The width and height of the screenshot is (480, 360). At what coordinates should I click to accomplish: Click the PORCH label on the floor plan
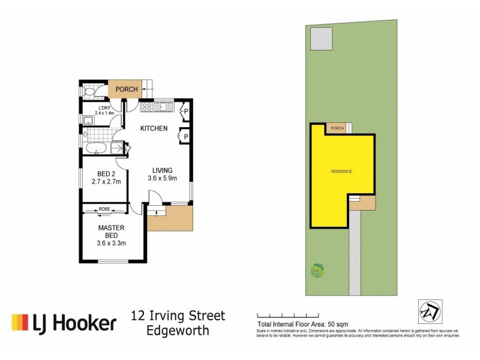127,89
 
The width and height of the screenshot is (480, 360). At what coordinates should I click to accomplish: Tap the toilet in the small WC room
89,92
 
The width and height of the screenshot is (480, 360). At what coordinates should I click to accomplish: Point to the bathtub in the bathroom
96,148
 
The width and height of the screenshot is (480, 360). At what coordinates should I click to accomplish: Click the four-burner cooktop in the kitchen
146,107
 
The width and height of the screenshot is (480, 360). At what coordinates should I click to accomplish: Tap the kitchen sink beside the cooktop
163,107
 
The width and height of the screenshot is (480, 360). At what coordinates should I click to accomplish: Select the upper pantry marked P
185,111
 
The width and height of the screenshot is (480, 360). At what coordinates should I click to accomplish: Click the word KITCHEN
154,129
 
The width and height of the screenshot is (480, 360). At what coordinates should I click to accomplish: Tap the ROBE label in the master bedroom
104,210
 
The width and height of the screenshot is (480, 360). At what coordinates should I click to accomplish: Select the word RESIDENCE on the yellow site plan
341,172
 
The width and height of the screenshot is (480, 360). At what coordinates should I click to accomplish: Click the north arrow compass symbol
428,311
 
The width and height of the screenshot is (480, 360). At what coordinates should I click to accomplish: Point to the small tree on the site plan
317,271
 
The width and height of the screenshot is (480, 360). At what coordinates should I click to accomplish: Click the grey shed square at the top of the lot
322,40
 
